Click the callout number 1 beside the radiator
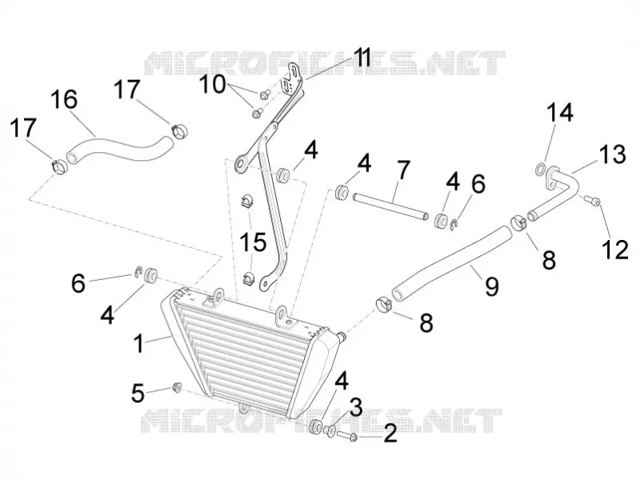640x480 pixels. [139, 343]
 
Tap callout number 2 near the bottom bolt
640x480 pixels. [390, 433]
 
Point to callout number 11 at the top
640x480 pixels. [362, 58]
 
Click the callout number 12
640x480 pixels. [614, 250]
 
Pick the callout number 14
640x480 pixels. [559, 112]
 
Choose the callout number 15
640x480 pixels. [254, 242]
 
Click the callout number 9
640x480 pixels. [492, 286]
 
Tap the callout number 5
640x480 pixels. [138, 394]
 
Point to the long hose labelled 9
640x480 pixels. [450, 264]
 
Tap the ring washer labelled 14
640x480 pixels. [541, 168]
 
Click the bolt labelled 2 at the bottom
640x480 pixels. [347, 436]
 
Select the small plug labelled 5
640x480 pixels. [177, 387]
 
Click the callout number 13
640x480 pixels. [612, 154]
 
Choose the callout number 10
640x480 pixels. [212, 85]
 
